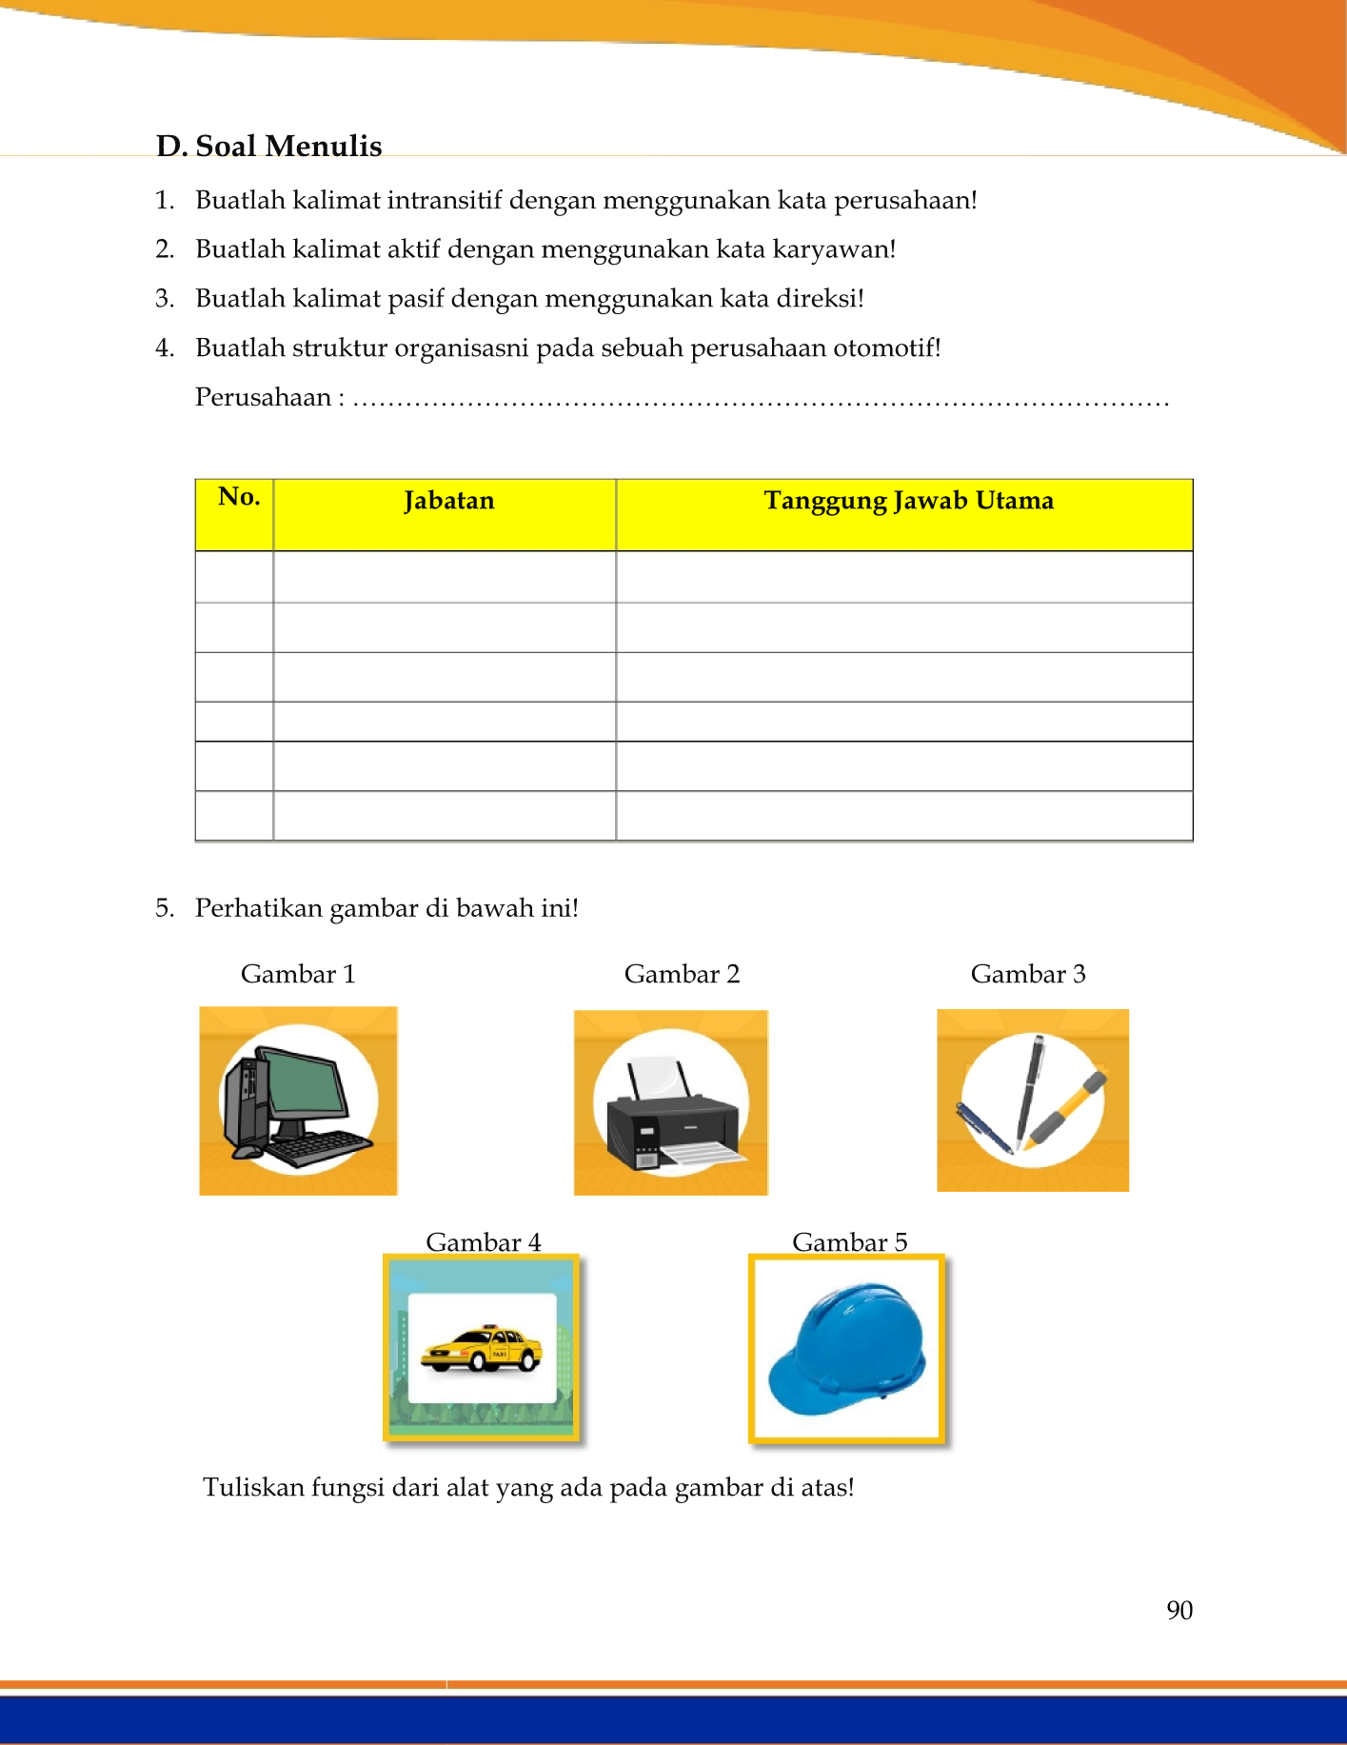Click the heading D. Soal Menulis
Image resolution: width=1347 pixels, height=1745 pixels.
(x=269, y=146)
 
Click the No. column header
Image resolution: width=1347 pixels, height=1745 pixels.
(x=238, y=497)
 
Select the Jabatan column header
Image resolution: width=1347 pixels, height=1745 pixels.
(x=448, y=501)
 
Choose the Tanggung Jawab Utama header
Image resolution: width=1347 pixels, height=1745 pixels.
(x=908, y=501)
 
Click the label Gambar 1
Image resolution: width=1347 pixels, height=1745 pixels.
(x=298, y=974)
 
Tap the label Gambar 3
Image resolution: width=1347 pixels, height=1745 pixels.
(x=1028, y=974)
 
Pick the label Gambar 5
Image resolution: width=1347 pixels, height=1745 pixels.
(x=849, y=1242)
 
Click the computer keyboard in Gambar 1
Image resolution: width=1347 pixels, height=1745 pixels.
(x=319, y=1147)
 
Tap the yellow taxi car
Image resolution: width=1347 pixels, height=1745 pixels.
(x=482, y=1349)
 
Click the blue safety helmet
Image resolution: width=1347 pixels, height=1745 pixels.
(x=847, y=1347)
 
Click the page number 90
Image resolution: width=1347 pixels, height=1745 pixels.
(x=1179, y=1610)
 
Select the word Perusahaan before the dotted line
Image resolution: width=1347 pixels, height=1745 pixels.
(x=263, y=397)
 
